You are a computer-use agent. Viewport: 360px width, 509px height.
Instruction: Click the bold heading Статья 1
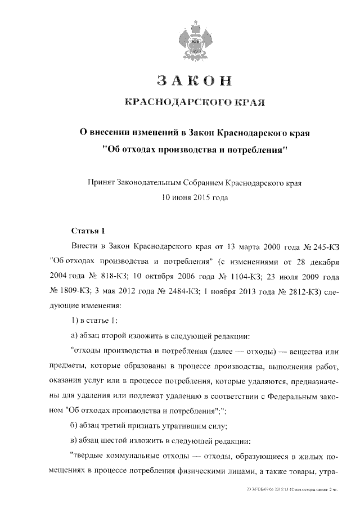point(89,231)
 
